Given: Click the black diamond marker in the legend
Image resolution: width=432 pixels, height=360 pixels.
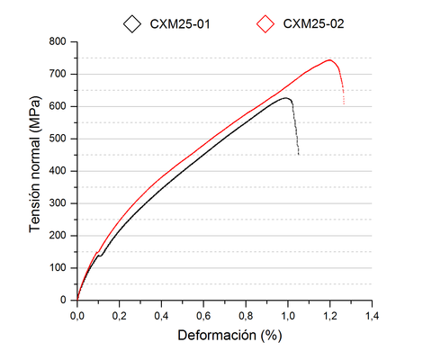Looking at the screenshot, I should [133, 23].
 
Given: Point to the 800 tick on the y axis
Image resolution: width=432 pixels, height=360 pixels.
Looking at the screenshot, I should [60, 41].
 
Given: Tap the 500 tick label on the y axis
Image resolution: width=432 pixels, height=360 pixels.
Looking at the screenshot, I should [60, 139].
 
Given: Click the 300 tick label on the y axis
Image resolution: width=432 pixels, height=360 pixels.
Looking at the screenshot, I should [60, 203].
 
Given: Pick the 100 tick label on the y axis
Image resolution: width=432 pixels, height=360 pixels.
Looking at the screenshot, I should [60, 268].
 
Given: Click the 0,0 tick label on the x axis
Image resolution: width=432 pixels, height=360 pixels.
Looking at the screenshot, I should [77, 316].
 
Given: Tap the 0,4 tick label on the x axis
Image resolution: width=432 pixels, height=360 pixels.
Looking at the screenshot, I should [162, 316].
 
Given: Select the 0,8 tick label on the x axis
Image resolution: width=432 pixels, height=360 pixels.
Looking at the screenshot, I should [246, 316].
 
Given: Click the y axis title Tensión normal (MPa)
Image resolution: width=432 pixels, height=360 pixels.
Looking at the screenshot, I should [35, 171].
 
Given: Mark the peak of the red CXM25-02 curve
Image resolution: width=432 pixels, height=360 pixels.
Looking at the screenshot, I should [329, 60].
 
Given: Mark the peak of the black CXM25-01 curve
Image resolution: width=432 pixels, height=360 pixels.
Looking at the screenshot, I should [287, 98].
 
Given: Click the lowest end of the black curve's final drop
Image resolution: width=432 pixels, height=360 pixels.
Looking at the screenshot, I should [298, 154].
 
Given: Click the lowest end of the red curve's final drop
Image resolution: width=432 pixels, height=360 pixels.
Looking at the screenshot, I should [343, 103].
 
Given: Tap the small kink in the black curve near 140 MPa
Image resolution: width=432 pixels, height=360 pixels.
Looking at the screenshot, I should [99, 255].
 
